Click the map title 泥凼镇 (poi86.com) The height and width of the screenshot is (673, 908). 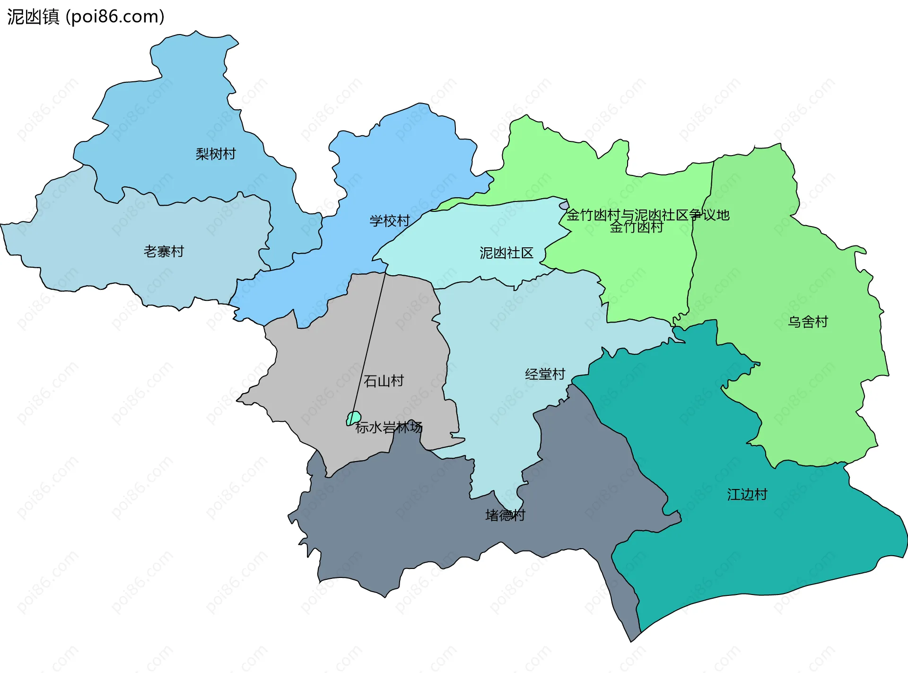tap(86, 17)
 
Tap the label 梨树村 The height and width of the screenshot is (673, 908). tap(216, 154)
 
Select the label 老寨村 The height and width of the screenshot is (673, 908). tap(164, 251)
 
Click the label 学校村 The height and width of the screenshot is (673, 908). tap(390, 221)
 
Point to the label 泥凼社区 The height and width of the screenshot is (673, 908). tap(506, 253)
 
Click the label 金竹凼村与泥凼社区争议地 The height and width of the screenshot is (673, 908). tap(648, 215)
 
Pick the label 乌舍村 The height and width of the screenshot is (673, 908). tap(808, 322)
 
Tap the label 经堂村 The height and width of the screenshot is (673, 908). tap(545, 374)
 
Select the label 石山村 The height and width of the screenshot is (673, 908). tap(384, 381)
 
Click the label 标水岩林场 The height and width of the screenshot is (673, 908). tap(389, 427)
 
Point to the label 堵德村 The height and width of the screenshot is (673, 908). tap(505, 515)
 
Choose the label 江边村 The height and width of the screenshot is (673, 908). tap(747, 494)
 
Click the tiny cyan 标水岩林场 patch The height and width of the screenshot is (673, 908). tap(354, 418)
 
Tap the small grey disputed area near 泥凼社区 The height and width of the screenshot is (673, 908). tap(564, 205)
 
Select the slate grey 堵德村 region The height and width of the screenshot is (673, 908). tap(426, 520)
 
